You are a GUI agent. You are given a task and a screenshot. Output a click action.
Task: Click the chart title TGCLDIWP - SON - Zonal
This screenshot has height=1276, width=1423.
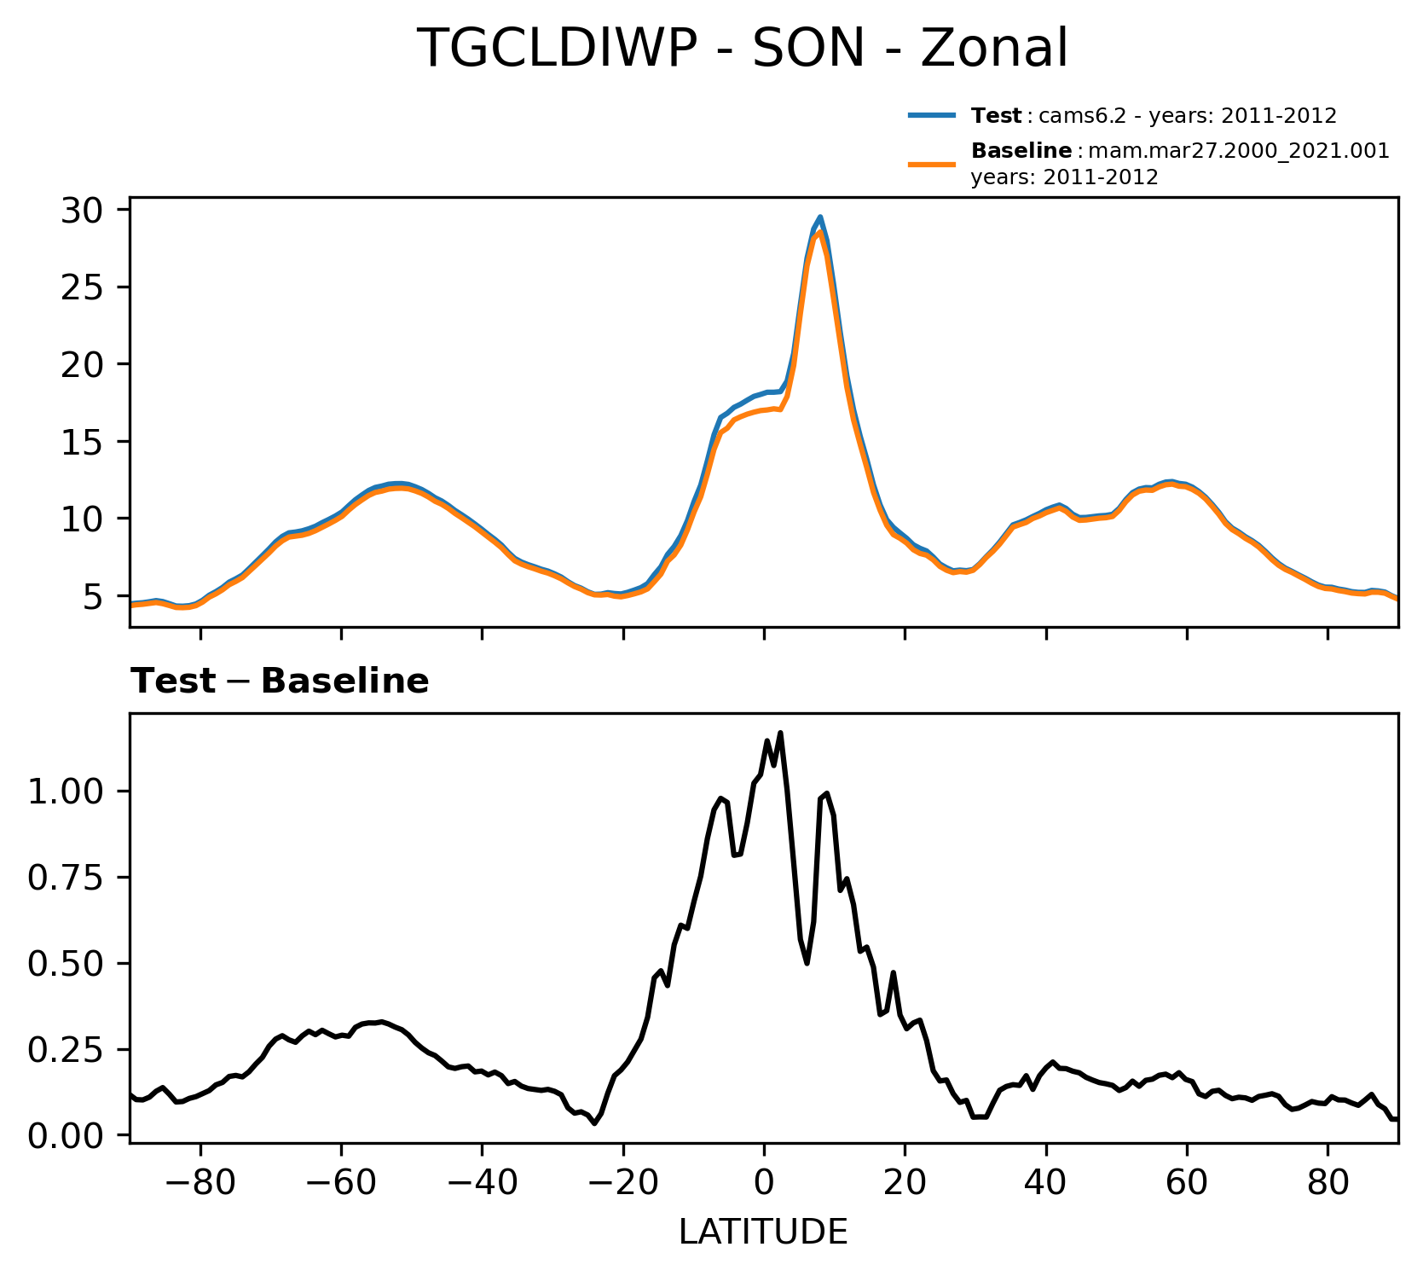[x=742, y=49]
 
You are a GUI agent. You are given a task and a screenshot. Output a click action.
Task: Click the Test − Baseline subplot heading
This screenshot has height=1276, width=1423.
[x=280, y=681]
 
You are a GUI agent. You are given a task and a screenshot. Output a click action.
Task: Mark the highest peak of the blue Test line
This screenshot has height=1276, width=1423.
[x=820, y=217]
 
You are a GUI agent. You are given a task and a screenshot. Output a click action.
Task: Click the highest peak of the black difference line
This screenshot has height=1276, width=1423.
[x=780, y=733]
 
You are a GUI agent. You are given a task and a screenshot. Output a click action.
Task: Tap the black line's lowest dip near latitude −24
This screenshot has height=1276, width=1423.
[x=594, y=1123]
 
